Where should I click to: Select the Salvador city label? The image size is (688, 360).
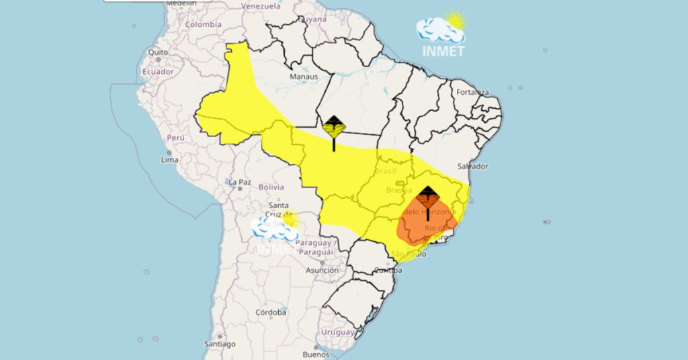click(x=472, y=166)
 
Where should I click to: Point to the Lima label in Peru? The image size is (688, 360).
click(x=170, y=160)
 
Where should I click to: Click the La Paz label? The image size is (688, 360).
click(x=240, y=182)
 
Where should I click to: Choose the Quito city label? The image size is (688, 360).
click(x=158, y=52)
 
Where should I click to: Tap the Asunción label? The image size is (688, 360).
click(x=322, y=270)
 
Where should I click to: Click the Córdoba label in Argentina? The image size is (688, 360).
click(x=271, y=312)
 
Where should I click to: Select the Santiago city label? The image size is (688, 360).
click(x=220, y=344)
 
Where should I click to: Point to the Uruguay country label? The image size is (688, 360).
click(x=337, y=332)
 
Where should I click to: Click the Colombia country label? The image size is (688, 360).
click(x=203, y=24)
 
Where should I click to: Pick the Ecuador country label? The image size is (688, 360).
click(x=159, y=71)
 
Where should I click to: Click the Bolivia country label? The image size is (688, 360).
click(x=271, y=187)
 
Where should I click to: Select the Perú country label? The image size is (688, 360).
click(x=175, y=138)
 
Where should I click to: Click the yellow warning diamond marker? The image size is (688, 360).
click(x=334, y=127)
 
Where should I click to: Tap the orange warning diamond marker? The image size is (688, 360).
click(x=427, y=197)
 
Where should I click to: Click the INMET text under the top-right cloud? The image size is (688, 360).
click(x=443, y=51)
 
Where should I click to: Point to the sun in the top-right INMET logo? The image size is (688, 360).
click(x=456, y=20)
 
